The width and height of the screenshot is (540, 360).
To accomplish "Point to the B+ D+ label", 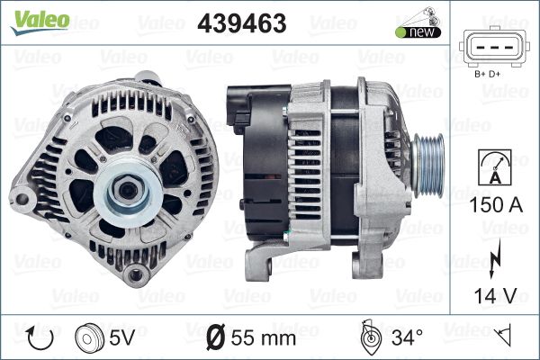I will [x=490, y=75].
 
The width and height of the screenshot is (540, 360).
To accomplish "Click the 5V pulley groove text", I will [x=121, y=338].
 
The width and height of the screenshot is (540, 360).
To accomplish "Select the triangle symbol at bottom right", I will [x=506, y=337].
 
